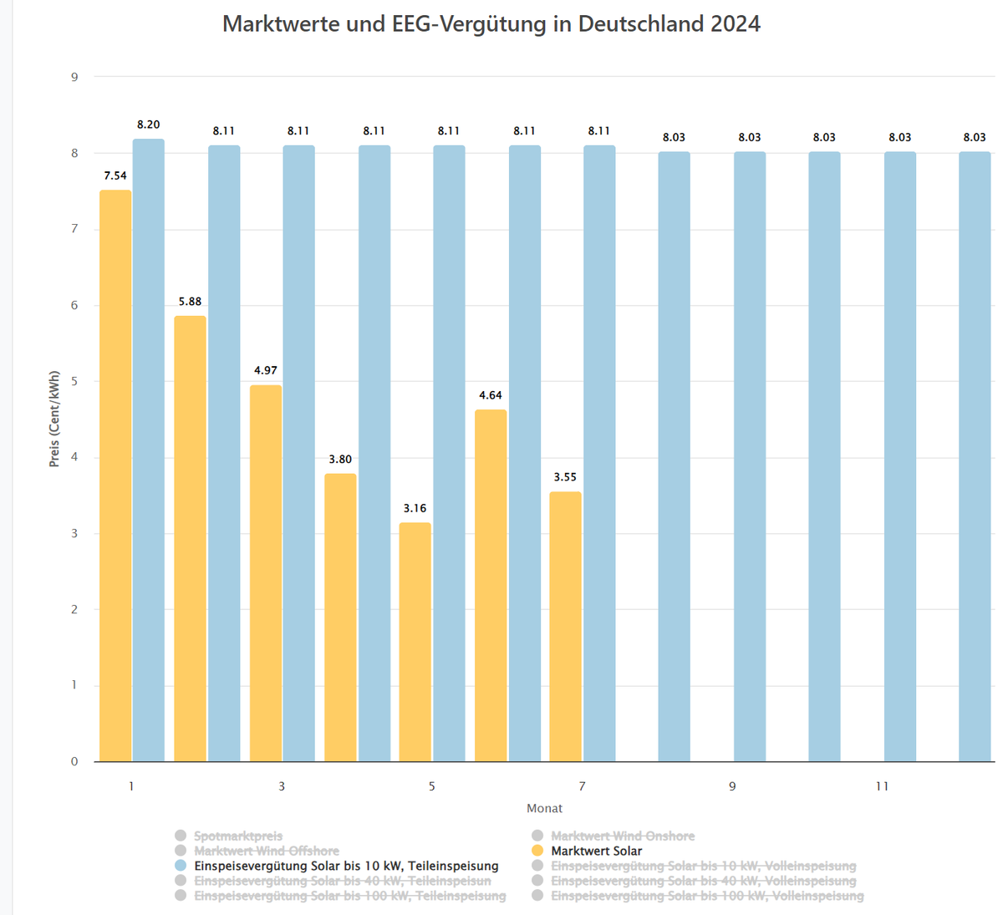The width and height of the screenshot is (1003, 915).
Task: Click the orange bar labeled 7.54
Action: (115, 476)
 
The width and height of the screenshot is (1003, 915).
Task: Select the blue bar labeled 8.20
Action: (149, 451)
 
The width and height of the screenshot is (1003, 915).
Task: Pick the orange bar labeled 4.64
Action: (491, 585)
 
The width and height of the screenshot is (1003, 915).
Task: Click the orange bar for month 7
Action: (566, 627)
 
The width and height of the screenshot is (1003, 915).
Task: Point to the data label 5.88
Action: (190, 302)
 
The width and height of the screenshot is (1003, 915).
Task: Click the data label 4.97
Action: (266, 370)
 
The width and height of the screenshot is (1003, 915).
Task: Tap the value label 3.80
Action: (340, 460)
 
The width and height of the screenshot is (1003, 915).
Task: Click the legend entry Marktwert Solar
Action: (596, 851)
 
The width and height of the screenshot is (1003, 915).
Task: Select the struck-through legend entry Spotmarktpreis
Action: (238, 836)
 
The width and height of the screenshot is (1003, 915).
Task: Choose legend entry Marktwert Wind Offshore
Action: (267, 851)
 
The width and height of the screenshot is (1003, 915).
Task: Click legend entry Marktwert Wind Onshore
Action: (623, 836)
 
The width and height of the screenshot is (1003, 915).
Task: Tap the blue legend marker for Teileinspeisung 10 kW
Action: (181, 866)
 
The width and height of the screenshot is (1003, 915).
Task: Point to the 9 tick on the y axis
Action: (74, 78)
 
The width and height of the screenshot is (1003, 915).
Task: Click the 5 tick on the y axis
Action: (74, 382)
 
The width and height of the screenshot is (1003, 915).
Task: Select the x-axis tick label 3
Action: (282, 786)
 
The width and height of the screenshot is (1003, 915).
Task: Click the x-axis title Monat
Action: (544, 808)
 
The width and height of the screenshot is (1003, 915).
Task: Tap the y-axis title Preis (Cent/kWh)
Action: (54, 419)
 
